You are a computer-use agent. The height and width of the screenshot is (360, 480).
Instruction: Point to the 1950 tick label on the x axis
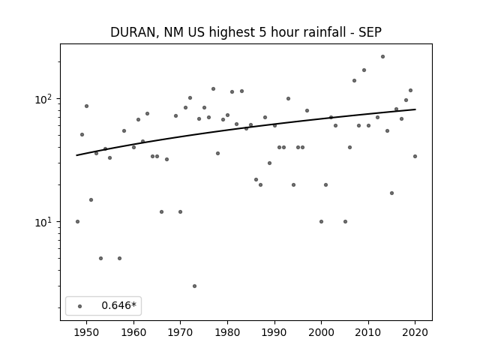[x=87, y=332]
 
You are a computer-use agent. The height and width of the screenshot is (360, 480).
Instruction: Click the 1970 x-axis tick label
[x=180, y=332]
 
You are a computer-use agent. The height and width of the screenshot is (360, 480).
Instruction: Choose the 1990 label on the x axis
[x=274, y=332]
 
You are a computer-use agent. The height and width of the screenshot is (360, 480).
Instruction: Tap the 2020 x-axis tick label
[x=415, y=332]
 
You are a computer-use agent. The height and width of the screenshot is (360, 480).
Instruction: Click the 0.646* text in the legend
[x=118, y=305]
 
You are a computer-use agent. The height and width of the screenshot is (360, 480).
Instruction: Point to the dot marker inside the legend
[x=80, y=306]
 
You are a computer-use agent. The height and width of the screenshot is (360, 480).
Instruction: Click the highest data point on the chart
[x=382, y=57]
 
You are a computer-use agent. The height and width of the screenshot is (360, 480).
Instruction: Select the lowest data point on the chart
[x=194, y=286]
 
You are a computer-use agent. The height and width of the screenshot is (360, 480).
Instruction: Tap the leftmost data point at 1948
[x=77, y=222]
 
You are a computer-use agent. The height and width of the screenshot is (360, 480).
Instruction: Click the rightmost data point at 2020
[x=415, y=157]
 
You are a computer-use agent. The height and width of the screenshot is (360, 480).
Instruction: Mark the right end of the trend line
[x=415, y=109]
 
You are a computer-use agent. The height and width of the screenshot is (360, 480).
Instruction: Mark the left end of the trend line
[x=76, y=155]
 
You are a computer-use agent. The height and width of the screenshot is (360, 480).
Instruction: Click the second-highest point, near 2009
[x=364, y=70]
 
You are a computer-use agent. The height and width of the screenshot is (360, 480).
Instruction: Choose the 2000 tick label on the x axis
[x=321, y=332]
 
